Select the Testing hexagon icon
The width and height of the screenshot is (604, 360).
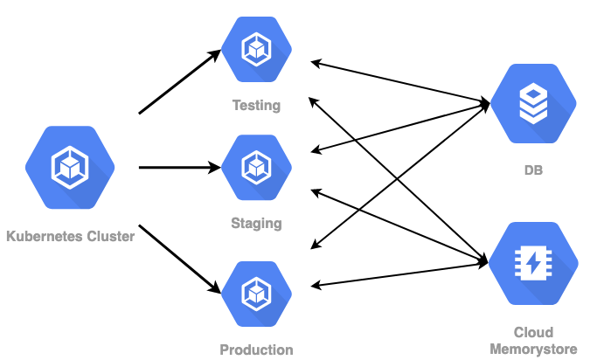tap(256, 49)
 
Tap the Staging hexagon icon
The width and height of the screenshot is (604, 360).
tap(256, 166)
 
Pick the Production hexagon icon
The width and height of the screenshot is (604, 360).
tap(256, 292)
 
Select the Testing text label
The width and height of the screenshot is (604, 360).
tap(256, 106)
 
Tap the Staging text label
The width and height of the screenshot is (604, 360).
tap(256, 223)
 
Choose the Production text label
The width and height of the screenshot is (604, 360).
tap(256, 350)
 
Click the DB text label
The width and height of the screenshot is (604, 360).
tap(532, 170)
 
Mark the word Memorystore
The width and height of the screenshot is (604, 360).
tap(532, 349)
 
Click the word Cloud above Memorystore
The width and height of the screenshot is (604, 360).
tap(532, 332)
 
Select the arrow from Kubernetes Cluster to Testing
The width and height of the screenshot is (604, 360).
tap(179, 83)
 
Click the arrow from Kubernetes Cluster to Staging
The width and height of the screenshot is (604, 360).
tap(179, 167)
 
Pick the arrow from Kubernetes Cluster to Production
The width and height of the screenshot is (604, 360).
tap(179, 258)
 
